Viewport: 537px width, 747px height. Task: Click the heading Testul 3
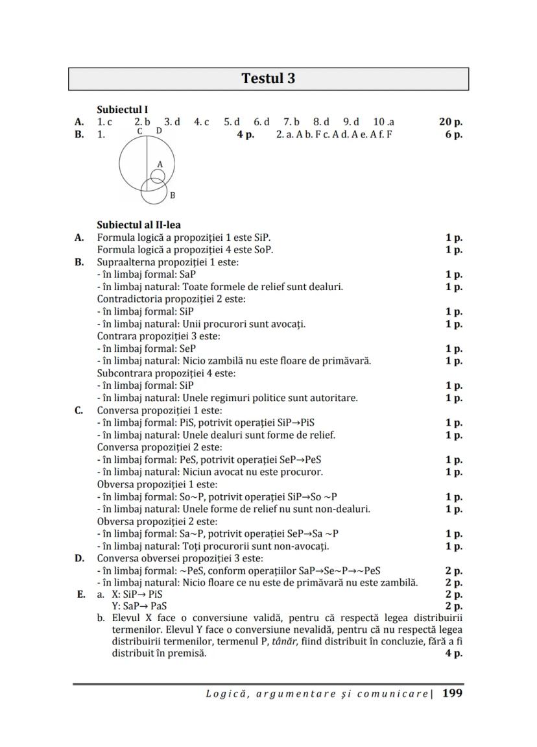(268, 79)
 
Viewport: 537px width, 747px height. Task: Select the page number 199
(452, 693)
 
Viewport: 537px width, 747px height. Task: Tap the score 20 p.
(450, 121)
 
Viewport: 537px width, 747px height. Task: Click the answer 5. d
(232, 121)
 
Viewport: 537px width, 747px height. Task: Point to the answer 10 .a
(383, 121)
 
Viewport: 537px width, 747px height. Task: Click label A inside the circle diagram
(160, 165)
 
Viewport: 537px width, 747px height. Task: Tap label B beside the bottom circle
(173, 195)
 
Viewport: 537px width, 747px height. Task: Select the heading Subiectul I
(123, 110)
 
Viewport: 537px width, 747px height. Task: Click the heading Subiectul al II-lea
(139, 225)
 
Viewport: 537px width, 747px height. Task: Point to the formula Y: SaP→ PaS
(135, 606)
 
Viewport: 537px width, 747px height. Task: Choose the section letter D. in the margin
(79, 558)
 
